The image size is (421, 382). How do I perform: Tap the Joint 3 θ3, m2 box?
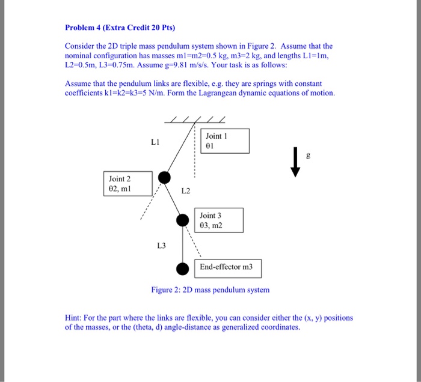pos(219,220)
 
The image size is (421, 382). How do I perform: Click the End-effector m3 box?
pos(227,267)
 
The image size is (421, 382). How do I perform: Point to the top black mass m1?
pos(164,177)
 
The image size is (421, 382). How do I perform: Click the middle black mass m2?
pos(183,220)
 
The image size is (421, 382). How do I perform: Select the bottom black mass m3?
pos(183,268)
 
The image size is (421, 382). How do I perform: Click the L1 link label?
pos(156,142)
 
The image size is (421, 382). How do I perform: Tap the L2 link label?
pos(185,191)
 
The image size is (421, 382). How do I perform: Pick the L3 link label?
pos(161,245)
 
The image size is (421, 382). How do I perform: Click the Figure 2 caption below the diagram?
pos(210,290)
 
